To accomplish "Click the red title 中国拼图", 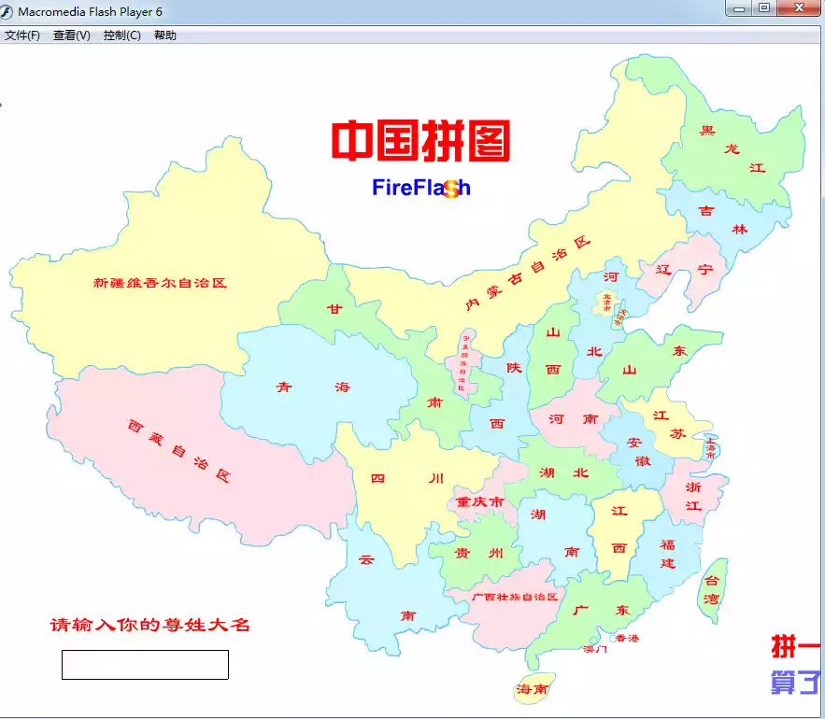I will (x=420, y=141).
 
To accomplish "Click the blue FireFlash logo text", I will (x=420, y=188).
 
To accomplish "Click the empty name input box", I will (x=145, y=664).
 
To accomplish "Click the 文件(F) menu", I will (x=22, y=35).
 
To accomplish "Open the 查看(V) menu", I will (x=72, y=35).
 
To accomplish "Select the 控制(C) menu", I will (x=122, y=35).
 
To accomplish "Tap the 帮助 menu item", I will (x=165, y=35).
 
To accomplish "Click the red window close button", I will (x=799, y=7).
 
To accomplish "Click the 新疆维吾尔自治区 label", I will (x=160, y=282).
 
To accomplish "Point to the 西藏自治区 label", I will (x=178, y=450).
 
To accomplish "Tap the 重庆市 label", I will (x=480, y=501).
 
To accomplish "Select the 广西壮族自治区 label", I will (x=515, y=596).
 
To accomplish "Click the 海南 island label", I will (x=532, y=689).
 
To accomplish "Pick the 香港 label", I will (x=627, y=639).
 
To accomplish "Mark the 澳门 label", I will (x=595, y=649).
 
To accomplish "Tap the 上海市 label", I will (x=711, y=446).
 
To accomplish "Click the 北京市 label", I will (x=606, y=302).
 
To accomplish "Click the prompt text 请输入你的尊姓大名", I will (x=149, y=625).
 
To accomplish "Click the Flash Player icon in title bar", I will (x=7, y=10).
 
